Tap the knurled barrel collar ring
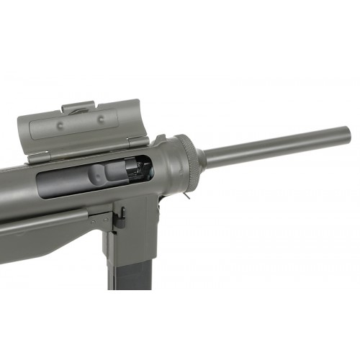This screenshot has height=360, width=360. pyautogui.click(x=189, y=162)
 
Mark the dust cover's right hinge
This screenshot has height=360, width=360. pyautogui.click(x=136, y=142)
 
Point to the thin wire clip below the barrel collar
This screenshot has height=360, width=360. pyautogui.click(x=186, y=194)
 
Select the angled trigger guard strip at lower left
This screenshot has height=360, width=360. pyautogui.click(x=43, y=222)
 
